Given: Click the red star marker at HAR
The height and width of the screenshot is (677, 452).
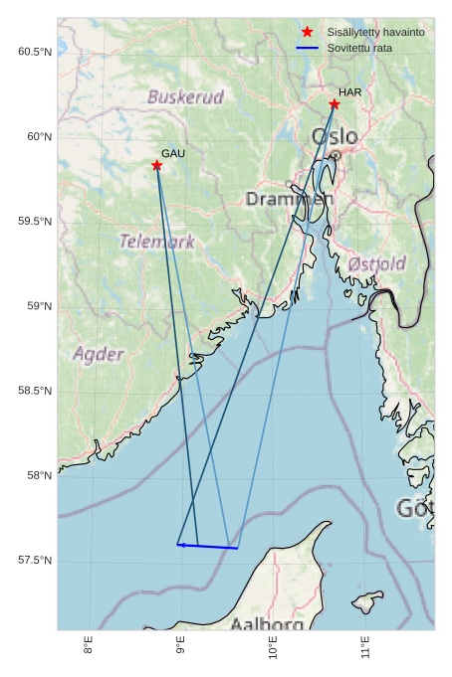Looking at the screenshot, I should click(x=335, y=104).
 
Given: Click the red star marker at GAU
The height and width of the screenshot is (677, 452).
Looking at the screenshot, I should click(x=157, y=165).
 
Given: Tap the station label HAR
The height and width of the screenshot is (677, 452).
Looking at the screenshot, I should click(x=349, y=92).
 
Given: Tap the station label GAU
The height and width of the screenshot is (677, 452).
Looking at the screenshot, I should click(x=173, y=153).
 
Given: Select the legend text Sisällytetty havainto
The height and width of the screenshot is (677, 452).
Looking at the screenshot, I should click(x=375, y=33).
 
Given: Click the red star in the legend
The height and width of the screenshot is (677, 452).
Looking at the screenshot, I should click(x=307, y=32).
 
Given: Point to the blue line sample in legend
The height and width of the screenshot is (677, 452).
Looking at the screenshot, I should click(x=307, y=48).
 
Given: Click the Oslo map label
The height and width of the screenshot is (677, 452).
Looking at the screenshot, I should click(x=335, y=136).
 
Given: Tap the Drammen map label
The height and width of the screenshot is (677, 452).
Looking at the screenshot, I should click(x=290, y=199).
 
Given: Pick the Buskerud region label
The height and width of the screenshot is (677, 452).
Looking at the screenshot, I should click(x=185, y=97).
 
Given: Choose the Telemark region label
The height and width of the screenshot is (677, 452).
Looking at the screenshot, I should click(x=157, y=242).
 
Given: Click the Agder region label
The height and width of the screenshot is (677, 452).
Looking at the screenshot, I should click(x=99, y=354).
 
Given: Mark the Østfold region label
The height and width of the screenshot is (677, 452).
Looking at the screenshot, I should click(x=376, y=263).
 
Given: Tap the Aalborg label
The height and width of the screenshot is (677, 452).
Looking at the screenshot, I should click(x=267, y=624).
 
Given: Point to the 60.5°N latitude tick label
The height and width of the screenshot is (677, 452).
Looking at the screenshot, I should click(x=35, y=52).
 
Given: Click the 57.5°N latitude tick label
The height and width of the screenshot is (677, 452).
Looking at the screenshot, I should click(x=35, y=561).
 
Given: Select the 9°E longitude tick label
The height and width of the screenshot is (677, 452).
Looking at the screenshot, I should click(x=181, y=647).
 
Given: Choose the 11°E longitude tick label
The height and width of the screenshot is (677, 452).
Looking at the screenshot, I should click(x=365, y=647).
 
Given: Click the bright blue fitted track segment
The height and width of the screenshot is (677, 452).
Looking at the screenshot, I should click(x=207, y=546).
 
